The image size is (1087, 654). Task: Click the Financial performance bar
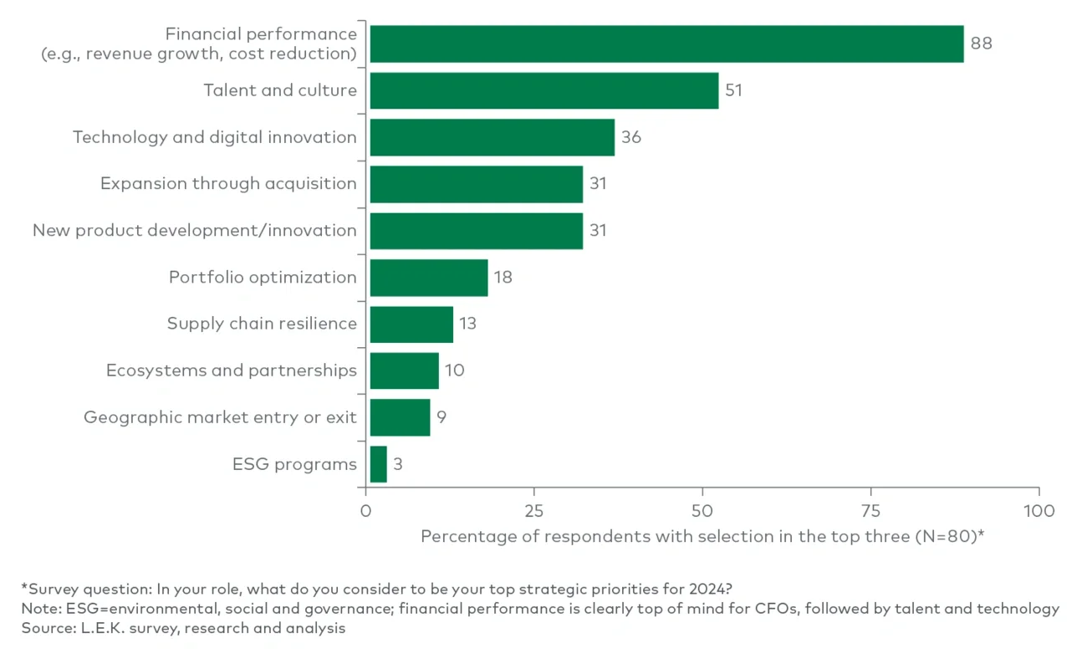pos(666,43)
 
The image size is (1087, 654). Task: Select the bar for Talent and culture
pos(543,90)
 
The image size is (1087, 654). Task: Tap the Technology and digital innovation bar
pos(492,137)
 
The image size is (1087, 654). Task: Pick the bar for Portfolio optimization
pos(428,278)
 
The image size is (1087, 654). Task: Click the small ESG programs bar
pos(378,464)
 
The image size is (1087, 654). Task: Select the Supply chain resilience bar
pos(411,324)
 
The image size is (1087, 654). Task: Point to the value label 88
pos(981,43)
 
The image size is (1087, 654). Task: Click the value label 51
pos(733,90)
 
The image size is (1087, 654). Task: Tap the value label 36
pos(631,137)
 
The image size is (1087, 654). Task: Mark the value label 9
pos(441,417)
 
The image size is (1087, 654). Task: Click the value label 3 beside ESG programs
pos(397,464)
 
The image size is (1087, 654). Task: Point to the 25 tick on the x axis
pos(533,510)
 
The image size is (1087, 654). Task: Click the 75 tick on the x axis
pos(870,510)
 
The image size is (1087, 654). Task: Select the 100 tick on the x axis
pos(1039,510)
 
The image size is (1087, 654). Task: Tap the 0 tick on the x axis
pos(365,510)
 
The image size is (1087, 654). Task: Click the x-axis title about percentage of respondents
pos(702,536)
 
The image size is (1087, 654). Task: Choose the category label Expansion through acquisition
pos(228,184)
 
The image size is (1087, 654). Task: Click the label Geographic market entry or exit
pos(220,417)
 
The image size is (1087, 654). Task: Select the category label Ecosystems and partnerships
pos(231,370)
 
